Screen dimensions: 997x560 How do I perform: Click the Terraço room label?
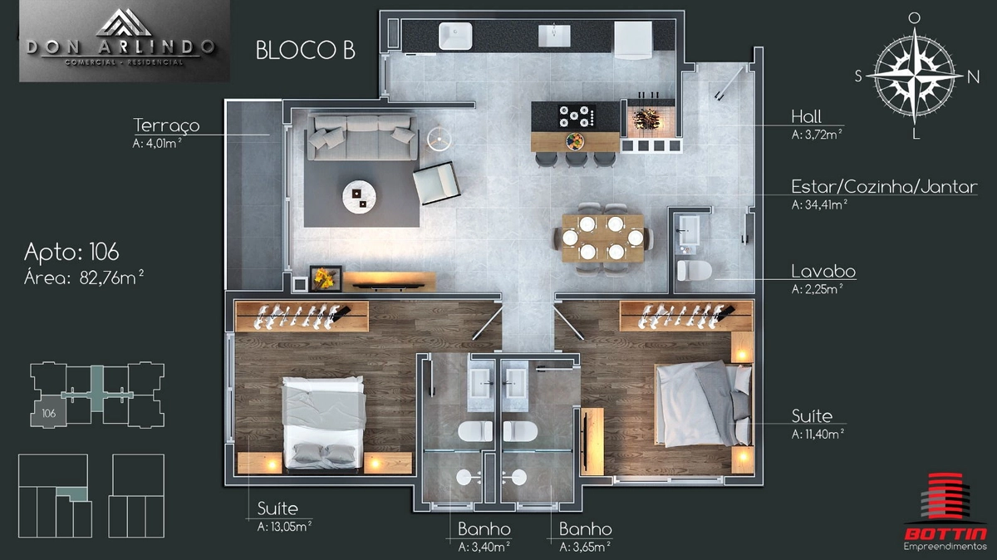coord(166,125)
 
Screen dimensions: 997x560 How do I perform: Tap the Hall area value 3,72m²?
coord(817,134)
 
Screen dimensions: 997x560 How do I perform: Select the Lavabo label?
coord(823,271)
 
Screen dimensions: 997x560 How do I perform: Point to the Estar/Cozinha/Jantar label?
coord(884,187)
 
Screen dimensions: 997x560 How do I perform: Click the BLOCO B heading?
coord(306,51)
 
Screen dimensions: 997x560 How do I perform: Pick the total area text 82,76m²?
coord(111,278)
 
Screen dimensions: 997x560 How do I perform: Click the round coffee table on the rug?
coord(359,196)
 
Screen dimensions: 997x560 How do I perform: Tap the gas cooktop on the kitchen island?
coord(577,116)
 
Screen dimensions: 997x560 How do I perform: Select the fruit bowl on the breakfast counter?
coord(574,141)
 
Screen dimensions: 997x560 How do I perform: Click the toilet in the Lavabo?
coord(694,270)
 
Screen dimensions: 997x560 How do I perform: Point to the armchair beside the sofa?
coord(436,183)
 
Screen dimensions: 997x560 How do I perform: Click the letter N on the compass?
coord(974,77)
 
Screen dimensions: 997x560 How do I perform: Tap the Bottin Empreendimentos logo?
coord(945,512)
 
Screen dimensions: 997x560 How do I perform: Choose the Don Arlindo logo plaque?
coord(124,41)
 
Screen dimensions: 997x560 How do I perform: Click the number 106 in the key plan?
coord(49,413)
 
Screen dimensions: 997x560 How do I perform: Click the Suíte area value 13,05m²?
coord(284,526)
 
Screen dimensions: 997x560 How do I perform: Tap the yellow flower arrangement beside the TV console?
coord(326,278)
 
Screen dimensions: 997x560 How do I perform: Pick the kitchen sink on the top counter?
coord(455,36)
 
